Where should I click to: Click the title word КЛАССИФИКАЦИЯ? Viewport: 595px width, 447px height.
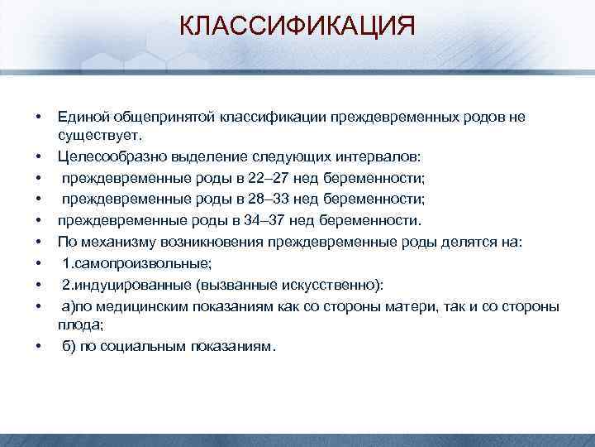tap(297, 26)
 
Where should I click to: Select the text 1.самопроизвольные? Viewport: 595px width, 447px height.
tap(137, 263)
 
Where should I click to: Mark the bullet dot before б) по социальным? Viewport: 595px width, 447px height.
tap(38, 346)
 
